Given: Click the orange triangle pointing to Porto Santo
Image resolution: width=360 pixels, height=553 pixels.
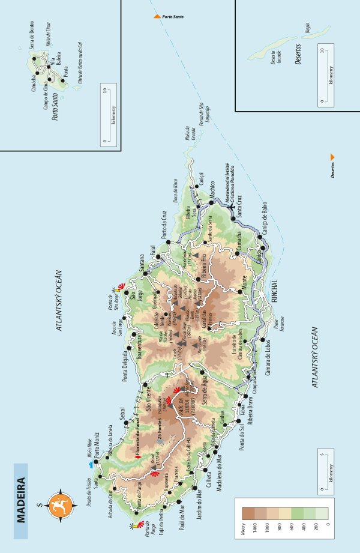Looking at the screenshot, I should tap(157, 16).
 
